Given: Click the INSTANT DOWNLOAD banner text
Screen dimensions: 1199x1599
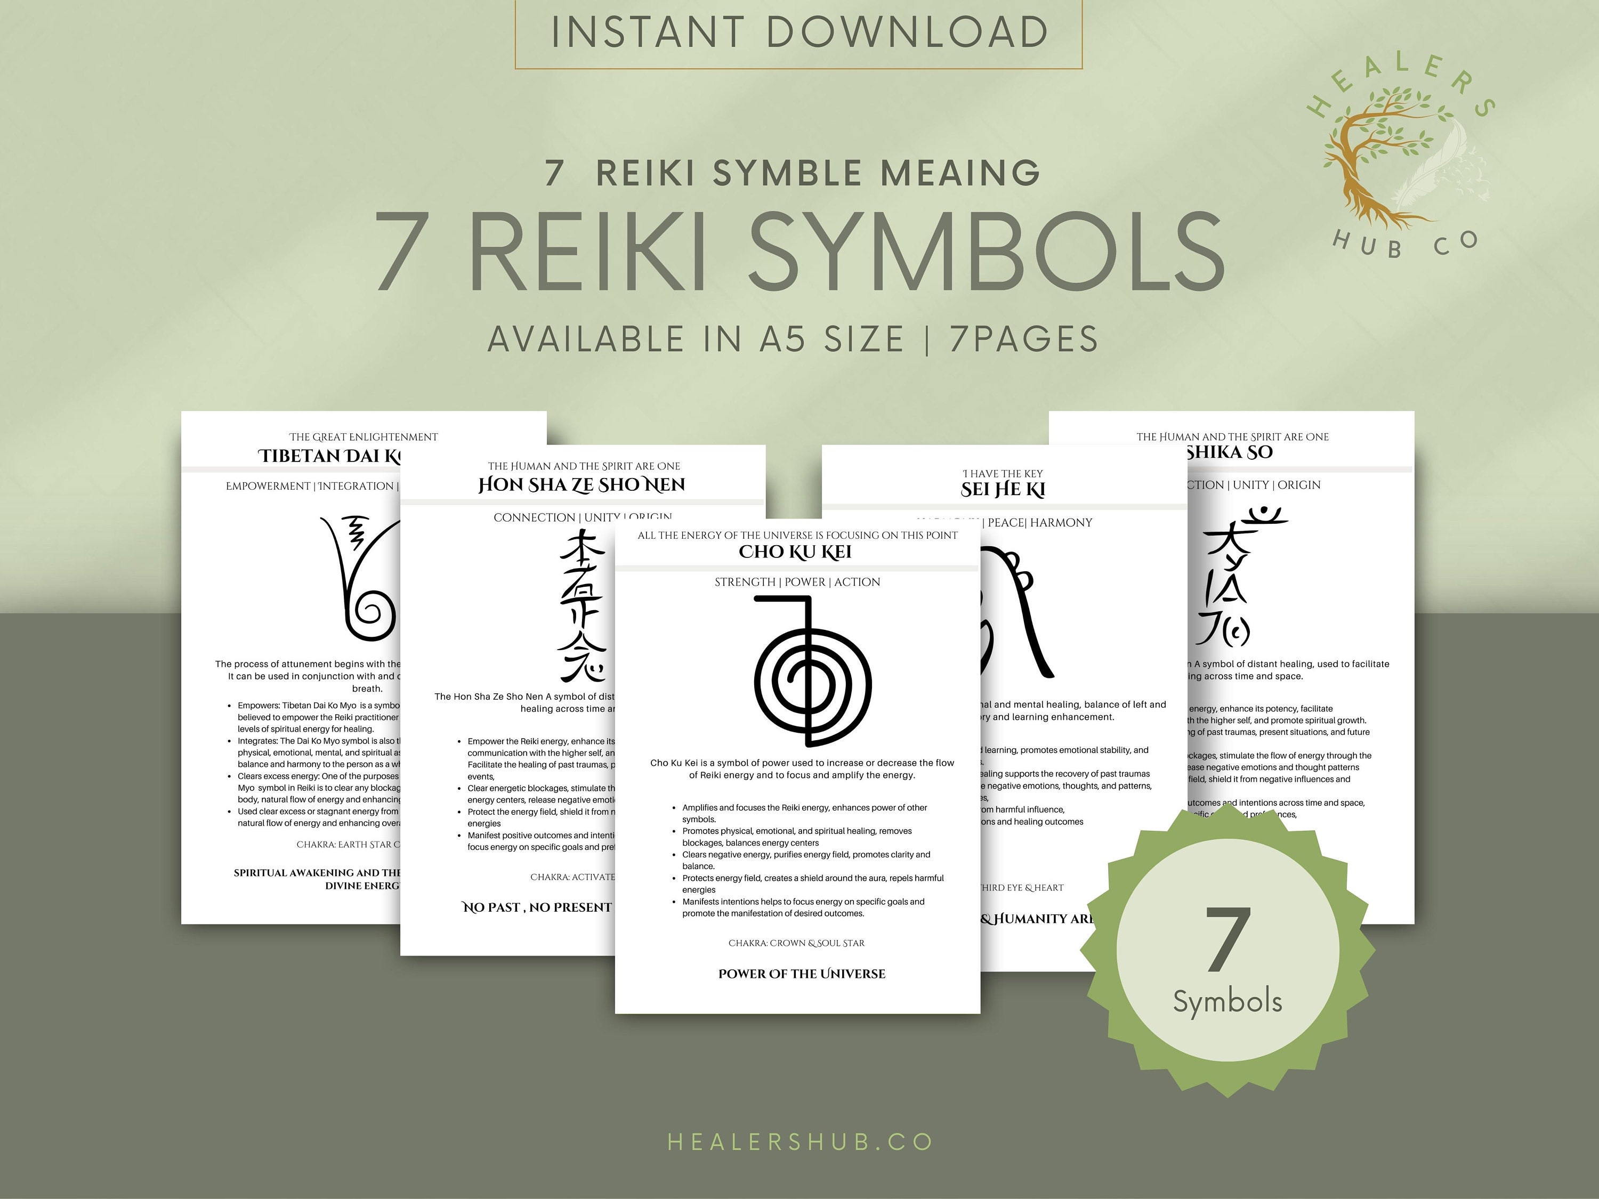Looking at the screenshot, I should (799, 33).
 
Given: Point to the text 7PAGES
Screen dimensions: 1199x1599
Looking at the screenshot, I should (1024, 339).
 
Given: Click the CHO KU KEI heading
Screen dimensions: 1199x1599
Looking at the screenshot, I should (795, 552).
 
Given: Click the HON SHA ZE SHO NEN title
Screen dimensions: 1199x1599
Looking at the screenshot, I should (582, 485).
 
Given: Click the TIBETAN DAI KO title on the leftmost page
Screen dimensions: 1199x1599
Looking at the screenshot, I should (329, 456).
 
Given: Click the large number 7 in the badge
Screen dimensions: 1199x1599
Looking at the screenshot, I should (1227, 939).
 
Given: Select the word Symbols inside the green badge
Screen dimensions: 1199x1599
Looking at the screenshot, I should (1227, 1002).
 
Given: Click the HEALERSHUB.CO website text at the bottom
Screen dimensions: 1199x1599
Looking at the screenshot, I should (799, 1142).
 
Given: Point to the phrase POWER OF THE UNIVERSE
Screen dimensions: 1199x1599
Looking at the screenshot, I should (802, 974).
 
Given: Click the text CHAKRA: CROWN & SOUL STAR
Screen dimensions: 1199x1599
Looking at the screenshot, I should (796, 943).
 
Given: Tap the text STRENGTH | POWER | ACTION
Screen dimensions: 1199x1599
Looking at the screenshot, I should (797, 582).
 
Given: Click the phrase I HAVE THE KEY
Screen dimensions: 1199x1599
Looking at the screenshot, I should (1003, 473).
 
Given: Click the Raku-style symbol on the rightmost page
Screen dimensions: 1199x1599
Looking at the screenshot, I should (1236, 578).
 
